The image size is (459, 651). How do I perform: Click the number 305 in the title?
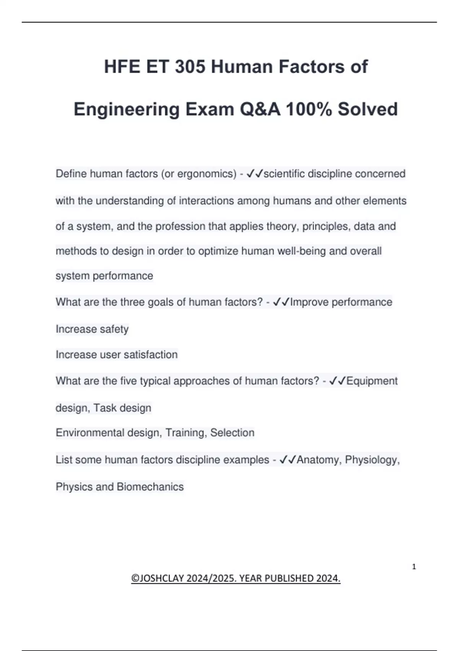pyautogui.click(x=190, y=67)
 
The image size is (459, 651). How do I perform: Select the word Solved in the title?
pyautogui.click(x=368, y=109)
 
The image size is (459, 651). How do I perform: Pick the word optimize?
pyautogui.click(x=218, y=251)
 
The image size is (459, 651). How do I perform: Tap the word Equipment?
pyautogui.click(x=372, y=381)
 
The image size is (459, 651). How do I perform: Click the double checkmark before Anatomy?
pyautogui.click(x=288, y=460)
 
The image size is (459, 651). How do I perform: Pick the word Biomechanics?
pyautogui.click(x=150, y=487)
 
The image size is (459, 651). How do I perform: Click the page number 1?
pyautogui.click(x=414, y=567)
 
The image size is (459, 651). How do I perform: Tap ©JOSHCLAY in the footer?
pyautogui.click(x=157, y=578)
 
